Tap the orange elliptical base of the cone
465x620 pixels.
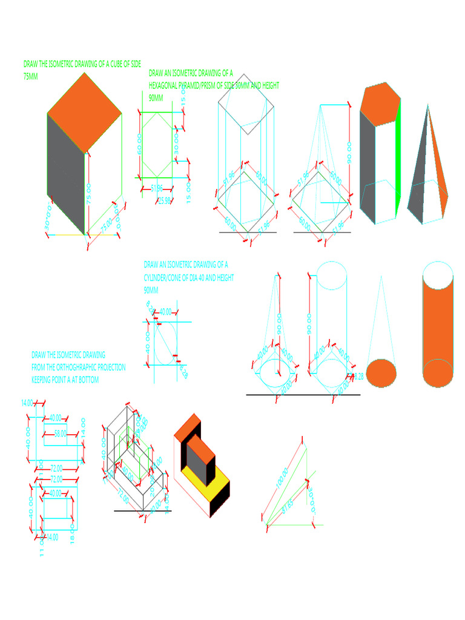[x=382, y=372]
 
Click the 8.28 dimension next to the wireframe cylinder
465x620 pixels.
[x=357, y=377]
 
